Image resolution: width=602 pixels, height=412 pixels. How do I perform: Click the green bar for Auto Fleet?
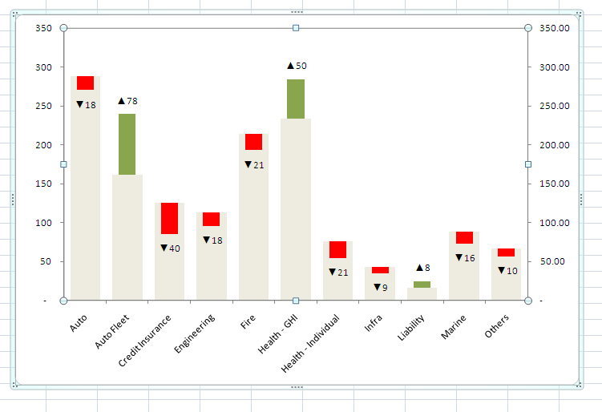click(127, 144)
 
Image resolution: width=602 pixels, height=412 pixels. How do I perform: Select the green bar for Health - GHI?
click(296, 99)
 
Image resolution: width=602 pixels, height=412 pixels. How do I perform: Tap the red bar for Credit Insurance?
click(169, 218)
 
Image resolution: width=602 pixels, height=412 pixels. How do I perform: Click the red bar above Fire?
click(253, 142)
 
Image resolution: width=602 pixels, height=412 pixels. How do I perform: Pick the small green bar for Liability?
click(422, 285)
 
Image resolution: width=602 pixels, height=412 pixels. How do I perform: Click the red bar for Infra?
click(380, 270)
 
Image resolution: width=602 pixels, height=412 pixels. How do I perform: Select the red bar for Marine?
click(464, 237)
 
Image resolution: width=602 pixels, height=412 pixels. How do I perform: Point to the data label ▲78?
click(127, 101)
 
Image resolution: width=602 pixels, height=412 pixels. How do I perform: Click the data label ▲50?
click(297, 66)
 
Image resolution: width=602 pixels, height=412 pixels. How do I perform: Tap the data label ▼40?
click(170, 248)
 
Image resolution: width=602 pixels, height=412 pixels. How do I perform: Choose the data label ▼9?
click(381, 287)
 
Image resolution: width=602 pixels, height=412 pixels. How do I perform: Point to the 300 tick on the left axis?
click(45, 67)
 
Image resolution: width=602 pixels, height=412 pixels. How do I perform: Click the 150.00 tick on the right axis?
click(555, 184)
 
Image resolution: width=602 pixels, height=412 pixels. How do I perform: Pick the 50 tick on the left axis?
click(47, 261)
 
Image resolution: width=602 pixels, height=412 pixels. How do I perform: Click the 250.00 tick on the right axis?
click(555, 106)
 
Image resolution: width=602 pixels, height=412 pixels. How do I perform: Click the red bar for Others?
click(506, 252)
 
